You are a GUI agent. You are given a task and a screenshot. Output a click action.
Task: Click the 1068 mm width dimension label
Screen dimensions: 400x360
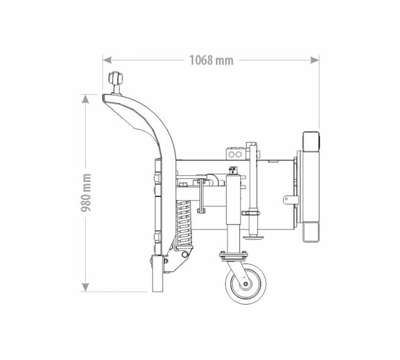click(211, 60)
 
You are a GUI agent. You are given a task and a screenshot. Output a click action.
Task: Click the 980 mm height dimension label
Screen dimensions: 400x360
click(86, 193)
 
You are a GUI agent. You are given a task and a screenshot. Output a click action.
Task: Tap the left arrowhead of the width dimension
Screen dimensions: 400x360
click(107, 60)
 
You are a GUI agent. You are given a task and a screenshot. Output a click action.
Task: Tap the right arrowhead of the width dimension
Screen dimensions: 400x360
click(314, 60)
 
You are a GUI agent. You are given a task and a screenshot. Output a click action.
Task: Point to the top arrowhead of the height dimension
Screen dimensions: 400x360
click(86, 99)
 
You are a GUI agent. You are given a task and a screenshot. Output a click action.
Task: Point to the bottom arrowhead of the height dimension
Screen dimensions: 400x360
click(86, 287)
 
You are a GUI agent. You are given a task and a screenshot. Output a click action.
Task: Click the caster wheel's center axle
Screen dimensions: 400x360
click(245, 284)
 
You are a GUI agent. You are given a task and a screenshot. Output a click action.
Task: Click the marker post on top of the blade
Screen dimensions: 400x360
click(116, 83)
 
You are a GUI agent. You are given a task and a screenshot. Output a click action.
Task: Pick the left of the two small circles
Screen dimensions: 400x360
click(232, 154)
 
